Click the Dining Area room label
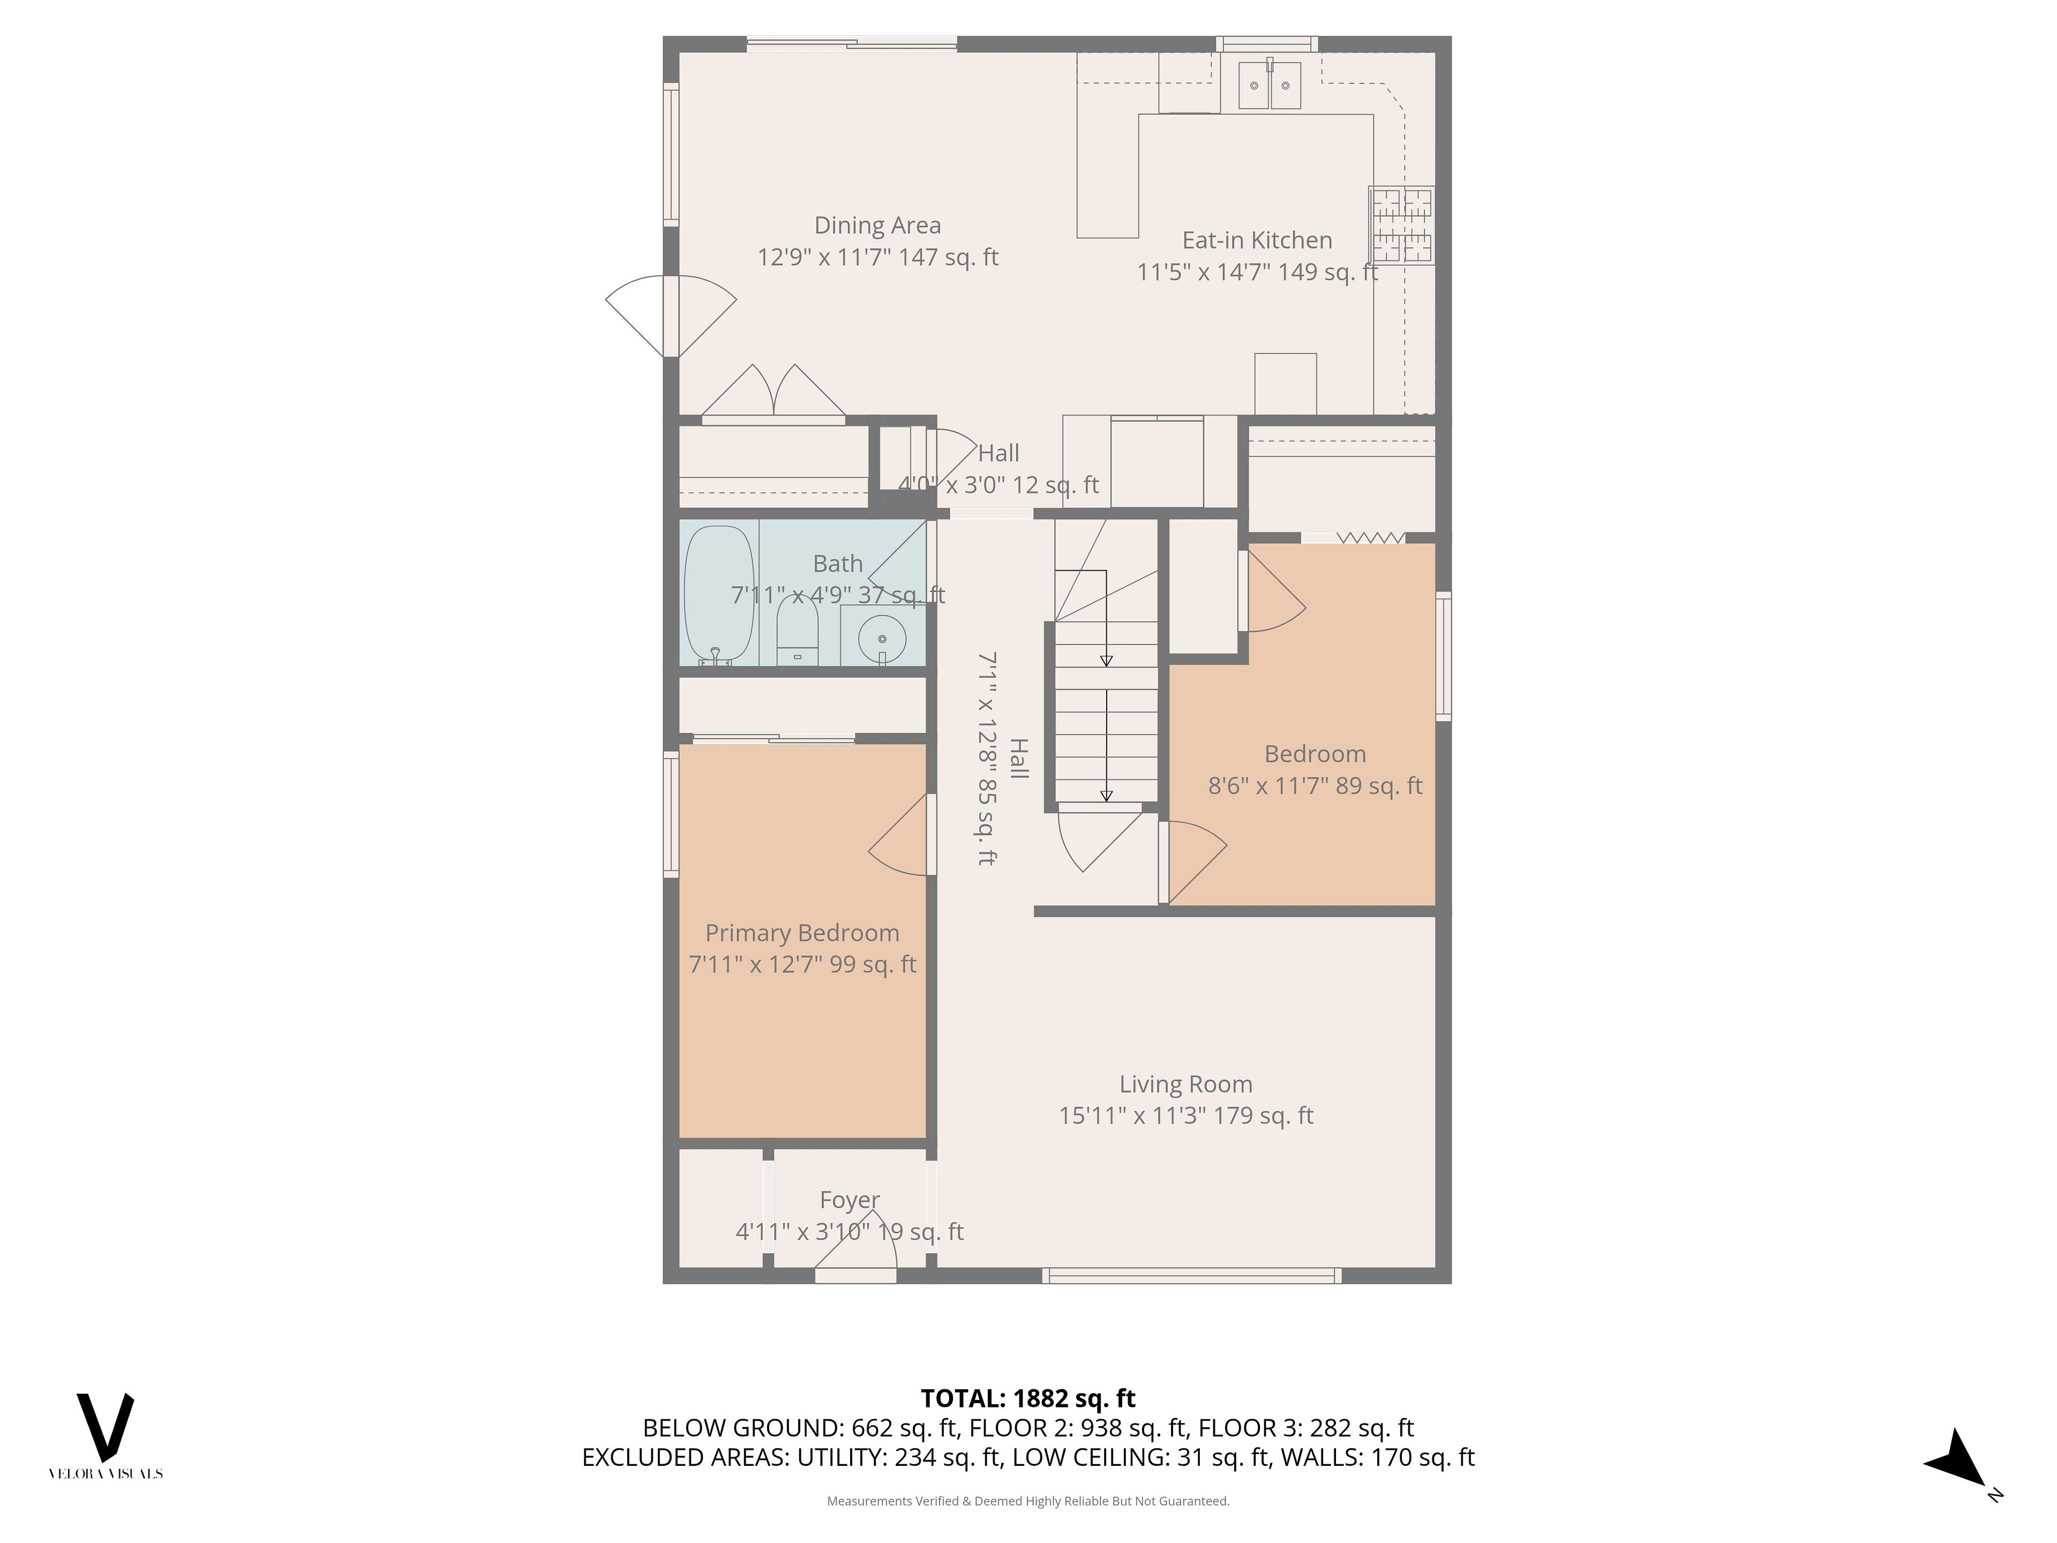[877, 225]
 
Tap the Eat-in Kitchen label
[1257, 240]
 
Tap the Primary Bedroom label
[801, 933]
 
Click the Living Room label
[1185, 1084]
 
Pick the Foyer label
[849, 1200]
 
